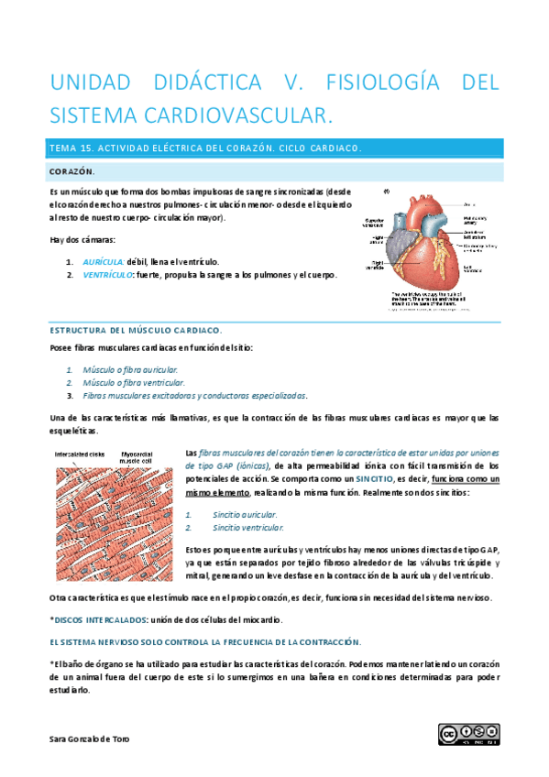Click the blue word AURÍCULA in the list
[x=104, y=261]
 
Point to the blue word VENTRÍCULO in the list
[x=107, y=274]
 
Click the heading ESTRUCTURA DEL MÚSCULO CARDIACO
[x=135, y=330]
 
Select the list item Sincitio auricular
[x=244, y=515]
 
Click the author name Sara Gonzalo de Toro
[x=90, y=739]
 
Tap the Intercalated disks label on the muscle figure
[x=80, y=454]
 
